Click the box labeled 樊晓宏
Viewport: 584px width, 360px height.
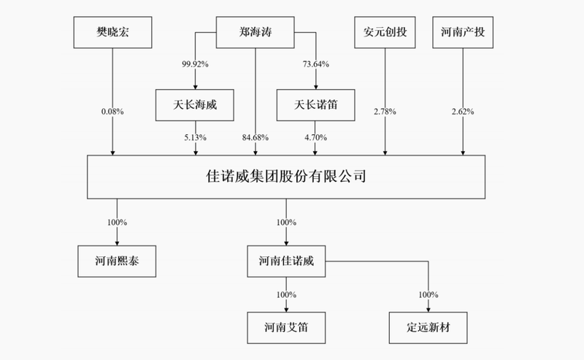pyautogui.click(x=112, y=32)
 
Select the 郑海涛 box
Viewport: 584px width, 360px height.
pyautogui.click(x=255, y=32)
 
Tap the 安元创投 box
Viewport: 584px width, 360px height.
pyautogui.click(x=385, y=32)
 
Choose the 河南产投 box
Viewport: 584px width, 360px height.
pyautogui.click(x=463, y=32)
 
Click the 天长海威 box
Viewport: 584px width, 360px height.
pyautogui.click(x=195, y=105)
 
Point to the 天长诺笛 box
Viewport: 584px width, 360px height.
pyautogui.click(x=316, y=105)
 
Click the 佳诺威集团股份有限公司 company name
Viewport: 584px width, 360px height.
pyautogui.click(x=286, y=176)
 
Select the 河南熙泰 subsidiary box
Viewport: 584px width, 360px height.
pyautogui.click(x=117, y=261)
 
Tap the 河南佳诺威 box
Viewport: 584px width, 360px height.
pyautogui.click(x=286, y=261)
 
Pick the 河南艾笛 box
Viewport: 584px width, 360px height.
pyautogui.click(x=286, y=328)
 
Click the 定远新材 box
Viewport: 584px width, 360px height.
pyautogui.click(x=429, y=328)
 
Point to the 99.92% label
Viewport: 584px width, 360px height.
pyautogui.click(x=195, y=64)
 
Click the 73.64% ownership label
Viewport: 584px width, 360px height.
pyautogui.click(x=316, y=64)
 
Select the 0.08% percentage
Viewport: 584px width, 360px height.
pyautogui.click(x=112, y=112)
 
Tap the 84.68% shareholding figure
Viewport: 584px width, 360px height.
pyautogui.click(x=255, y=137)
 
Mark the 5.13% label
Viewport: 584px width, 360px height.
pyautogui.click(x=195, y=137)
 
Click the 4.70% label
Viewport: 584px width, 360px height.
pyautogui.click(x=316, y=137)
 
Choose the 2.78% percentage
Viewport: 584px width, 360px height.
pyautogui.click(x=385, y=112)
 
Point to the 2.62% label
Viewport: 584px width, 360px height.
pyautogui.click(x=463, y=112)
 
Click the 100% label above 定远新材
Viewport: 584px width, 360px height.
pyautogui.click(x=429, y=295)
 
